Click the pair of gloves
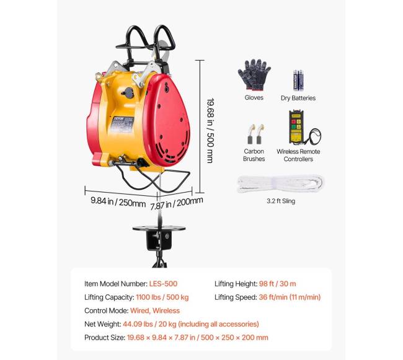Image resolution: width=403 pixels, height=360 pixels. pyautogui.click(x=254, y=75)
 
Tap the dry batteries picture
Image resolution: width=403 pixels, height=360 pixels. pyautogui.click(x=298, y=81)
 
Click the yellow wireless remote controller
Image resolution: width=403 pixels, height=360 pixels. pyautogui.click(x=296, y=127)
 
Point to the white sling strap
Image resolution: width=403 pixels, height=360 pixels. pyautogui.click(x=280, y=183)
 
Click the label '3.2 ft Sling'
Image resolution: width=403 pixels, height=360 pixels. pyautogui.click(x=281, y=201)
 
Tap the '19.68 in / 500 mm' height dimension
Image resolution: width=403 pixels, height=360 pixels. pyautogui.click(x=211, y=131)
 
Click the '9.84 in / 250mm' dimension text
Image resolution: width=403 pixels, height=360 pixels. pyautogui.click(x=118, y=202)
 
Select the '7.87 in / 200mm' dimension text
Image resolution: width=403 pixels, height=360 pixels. pyautogui.click(x=177, y=204)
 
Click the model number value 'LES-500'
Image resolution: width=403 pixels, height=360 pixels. pyautogui.click(x=163, y=284)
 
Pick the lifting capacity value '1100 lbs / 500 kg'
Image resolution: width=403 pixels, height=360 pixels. pyautogui.click(x=162, y=297)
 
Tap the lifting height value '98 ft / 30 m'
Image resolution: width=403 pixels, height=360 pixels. pyautogui.click(x=277, y=284)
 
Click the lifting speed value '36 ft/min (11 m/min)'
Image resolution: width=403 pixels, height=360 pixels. pyautogui.click(x=290, y=297)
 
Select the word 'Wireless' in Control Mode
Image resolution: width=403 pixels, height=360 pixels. pyautogui.click(x=166, y=310)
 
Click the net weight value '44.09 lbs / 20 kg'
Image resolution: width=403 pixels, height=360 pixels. pyautogui.click(x=149, y=324)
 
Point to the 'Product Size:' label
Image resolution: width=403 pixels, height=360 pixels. pyautogui.click(x=105, y=338)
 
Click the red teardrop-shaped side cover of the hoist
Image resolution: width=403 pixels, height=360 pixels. pyautogui.click(x=167, y=120)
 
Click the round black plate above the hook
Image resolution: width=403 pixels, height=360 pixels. pyautogui.click(x=159, y=228)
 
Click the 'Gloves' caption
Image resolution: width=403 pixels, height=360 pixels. pyautogui.click(x=254, y=97)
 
